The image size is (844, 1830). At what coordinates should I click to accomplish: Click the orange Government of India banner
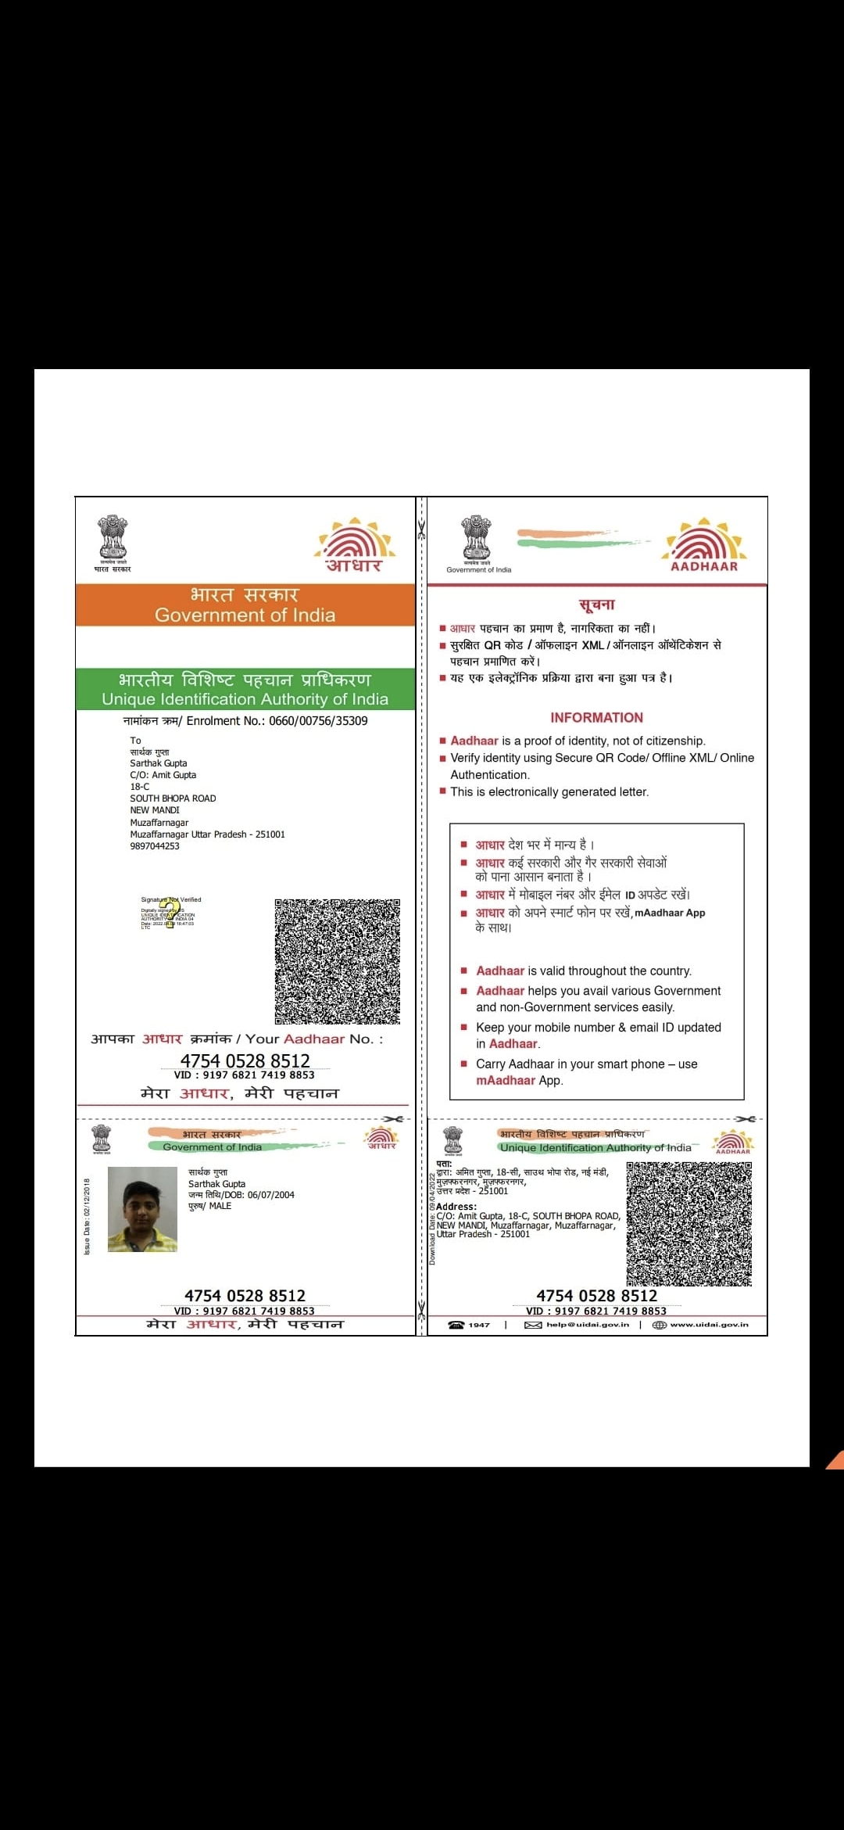tap(245, 605)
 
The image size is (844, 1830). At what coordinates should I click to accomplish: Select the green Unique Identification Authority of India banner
tap(245, 689)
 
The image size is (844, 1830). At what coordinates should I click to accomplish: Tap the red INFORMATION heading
tap(596, 717)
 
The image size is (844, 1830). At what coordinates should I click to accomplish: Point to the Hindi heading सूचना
tap(596, 604)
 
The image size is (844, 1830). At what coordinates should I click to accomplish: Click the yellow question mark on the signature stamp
tap(170, 914)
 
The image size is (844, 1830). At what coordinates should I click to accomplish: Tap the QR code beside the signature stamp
tap(337, 961)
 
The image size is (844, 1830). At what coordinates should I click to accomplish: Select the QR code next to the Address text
tap(688, 1223)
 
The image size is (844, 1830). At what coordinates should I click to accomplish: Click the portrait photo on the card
tap(142, 1209)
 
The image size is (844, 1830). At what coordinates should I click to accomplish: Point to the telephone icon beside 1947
tap(456, 1325)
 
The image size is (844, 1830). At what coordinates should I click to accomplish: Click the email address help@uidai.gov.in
tap(587, 1325)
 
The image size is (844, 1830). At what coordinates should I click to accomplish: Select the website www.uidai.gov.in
tap(709, 1325)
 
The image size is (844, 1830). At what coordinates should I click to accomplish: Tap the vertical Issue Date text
tap(87, 1216)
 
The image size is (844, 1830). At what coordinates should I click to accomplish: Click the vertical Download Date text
tap(431, 1218)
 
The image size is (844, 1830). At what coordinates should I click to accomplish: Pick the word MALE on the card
tap(220, 1206)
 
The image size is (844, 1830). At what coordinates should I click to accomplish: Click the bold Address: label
tap(456, 1207)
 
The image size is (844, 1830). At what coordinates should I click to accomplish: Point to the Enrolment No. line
tap(245, 720)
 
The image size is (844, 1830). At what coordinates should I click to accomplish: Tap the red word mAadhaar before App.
tap(506, 1080)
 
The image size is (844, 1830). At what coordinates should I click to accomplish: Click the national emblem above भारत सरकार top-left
tap(113, 537)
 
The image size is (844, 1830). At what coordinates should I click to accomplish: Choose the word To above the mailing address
tap(135, 740)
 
